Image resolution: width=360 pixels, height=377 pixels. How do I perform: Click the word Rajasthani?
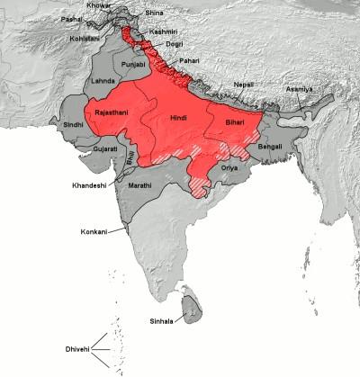pyautogui.click(x=105, y=114)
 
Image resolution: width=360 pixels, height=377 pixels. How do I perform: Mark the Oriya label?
pyautogui.click(x=230, y=168)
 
